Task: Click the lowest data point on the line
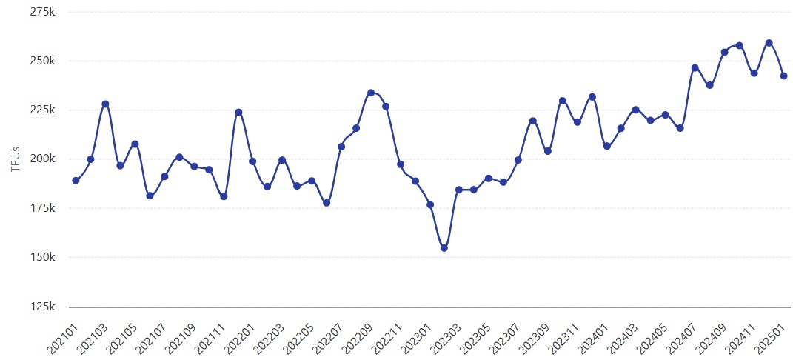click(x=444, y=248)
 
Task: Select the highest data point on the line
click(x=769, y=43)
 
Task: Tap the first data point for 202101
click(x=76, y=181)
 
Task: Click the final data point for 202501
click(x=783, y=76)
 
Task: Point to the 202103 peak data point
click(x=105, y=104)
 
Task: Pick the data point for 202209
click(x=371, y=93)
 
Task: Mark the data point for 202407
click(x=695, y=68)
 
